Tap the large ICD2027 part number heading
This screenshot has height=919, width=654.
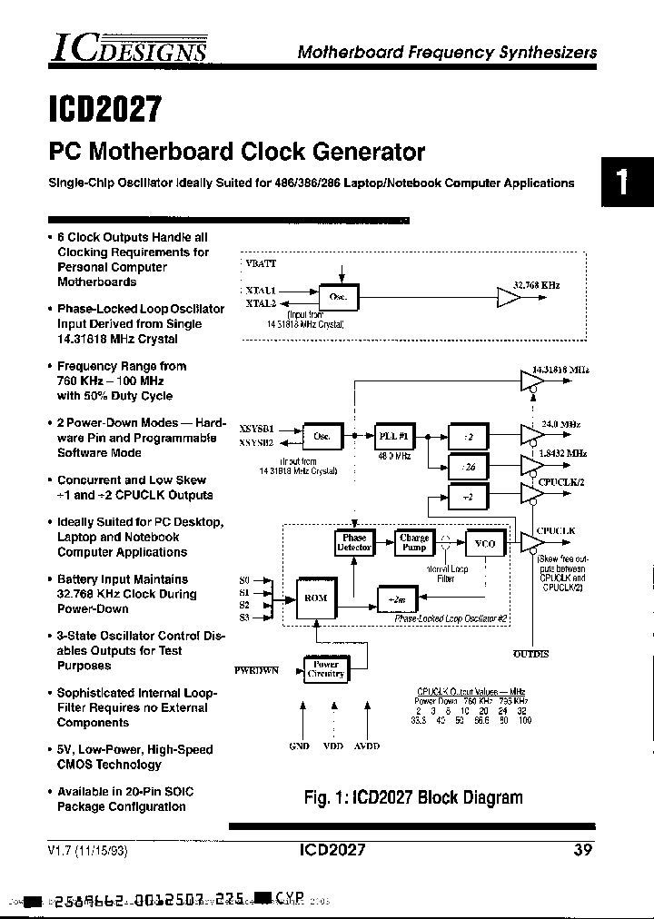(104, 109)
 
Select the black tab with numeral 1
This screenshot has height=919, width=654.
(625, 183)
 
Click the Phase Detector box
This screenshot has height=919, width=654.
(354, 542)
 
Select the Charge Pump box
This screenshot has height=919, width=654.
(414, 542)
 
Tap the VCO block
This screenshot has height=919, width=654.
(485, 543)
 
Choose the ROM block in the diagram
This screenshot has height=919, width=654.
(315, 598)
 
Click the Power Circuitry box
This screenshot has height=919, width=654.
(325, 668)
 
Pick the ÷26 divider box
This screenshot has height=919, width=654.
(469, 467)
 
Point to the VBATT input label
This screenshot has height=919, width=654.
(262, 263)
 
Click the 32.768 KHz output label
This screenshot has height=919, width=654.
(536, 285)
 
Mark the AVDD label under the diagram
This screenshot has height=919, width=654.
(366, 746)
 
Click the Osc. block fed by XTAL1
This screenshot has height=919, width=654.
(338, 297)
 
